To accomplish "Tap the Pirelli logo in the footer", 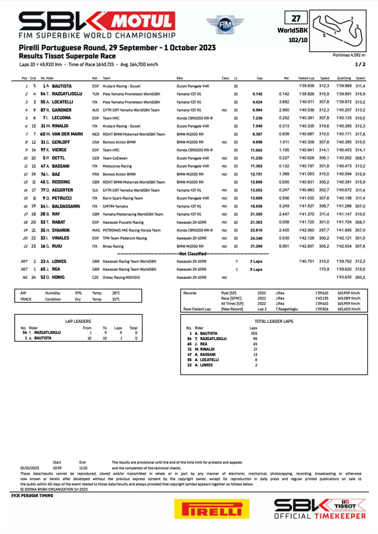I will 212,508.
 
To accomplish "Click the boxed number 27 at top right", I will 296,18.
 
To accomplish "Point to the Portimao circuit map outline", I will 339,31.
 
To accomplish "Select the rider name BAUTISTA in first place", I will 62,86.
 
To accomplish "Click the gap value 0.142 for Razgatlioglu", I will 257,94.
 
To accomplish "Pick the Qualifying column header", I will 344,78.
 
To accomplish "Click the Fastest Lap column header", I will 306,78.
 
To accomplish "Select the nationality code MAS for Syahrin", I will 95,230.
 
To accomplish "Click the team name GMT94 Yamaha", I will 115,206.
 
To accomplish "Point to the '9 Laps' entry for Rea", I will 256,270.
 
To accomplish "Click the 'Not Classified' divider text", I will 193,254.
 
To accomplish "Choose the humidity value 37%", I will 78,293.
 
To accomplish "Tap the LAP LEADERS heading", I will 78,321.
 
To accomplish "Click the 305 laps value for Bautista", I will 254,333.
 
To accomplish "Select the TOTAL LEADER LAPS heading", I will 274,321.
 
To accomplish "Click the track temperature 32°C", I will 116,299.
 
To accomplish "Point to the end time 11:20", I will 83,468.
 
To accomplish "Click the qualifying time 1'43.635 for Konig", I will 344,277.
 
